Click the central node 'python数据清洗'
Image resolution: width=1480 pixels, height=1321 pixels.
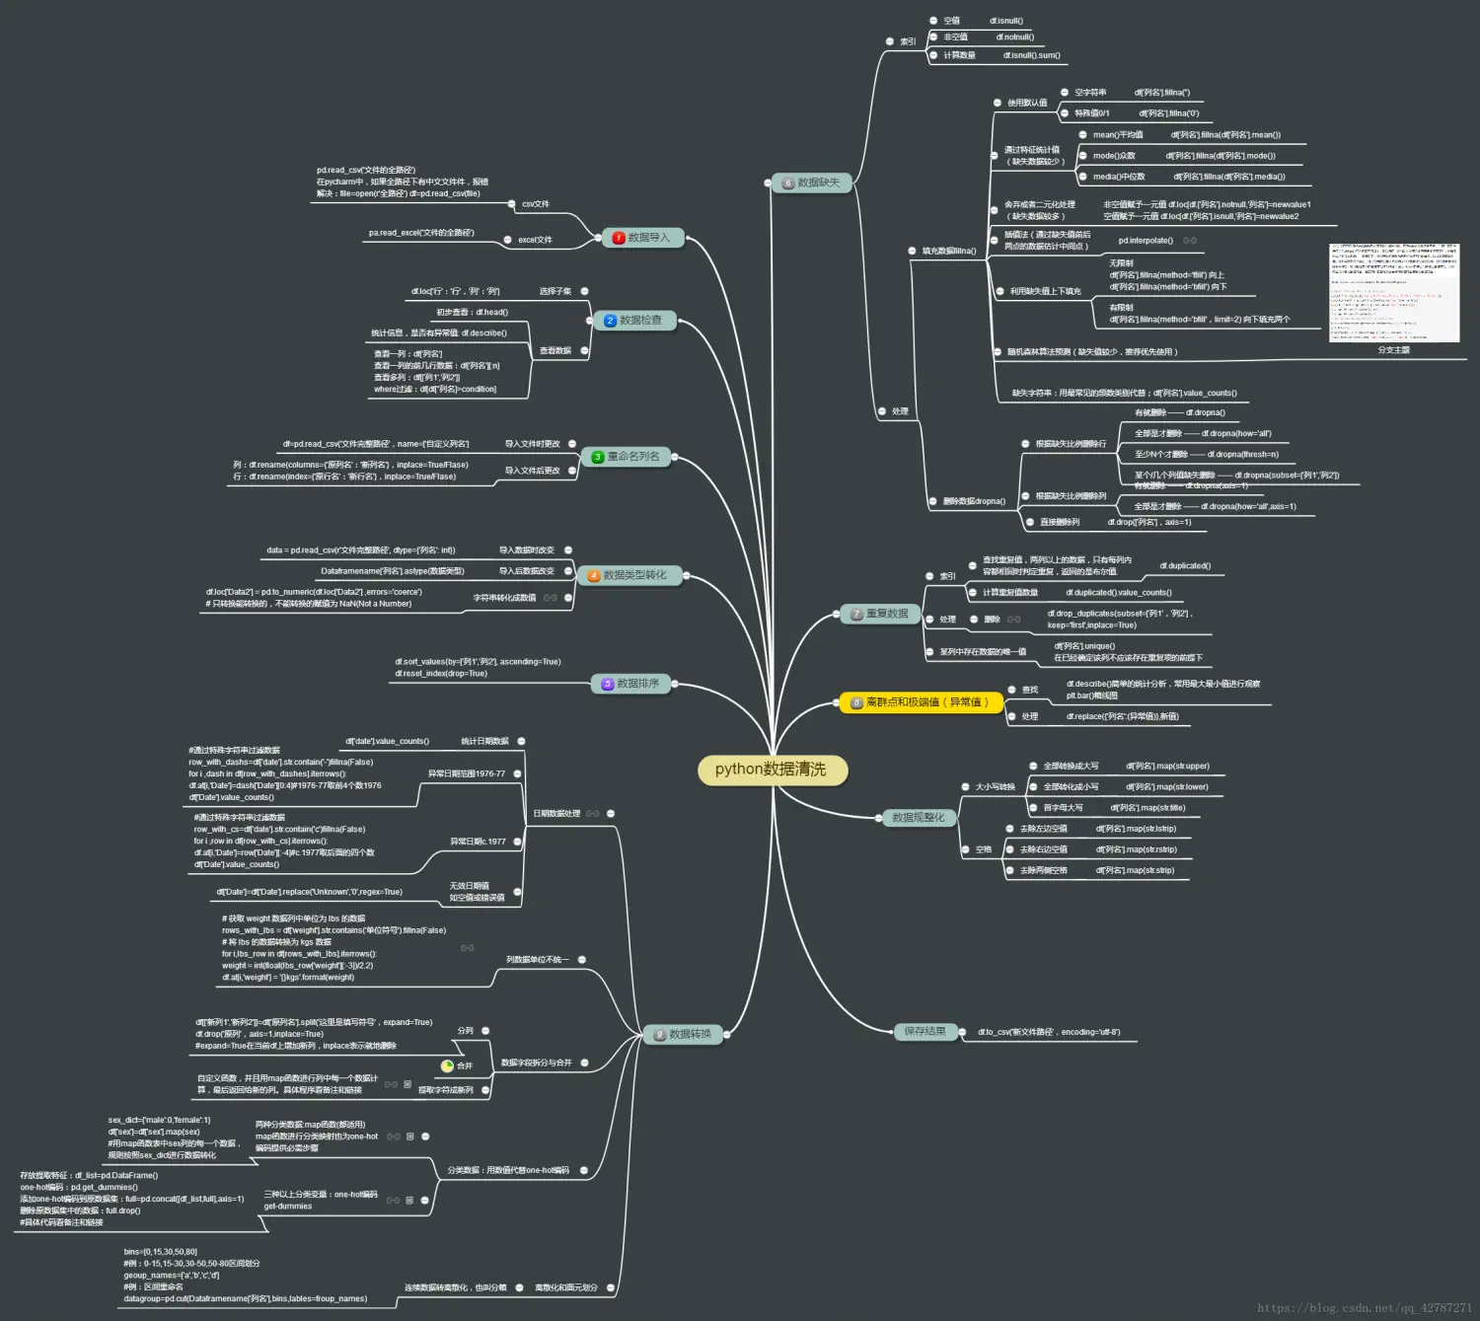tap(771, 770)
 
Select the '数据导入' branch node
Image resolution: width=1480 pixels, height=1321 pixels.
tap(643, 238)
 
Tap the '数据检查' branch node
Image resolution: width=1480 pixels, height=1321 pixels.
tap(634, 321)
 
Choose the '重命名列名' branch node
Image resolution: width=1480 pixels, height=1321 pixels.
tap(627, 457)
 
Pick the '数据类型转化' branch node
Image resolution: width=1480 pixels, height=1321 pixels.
tap(629, 575)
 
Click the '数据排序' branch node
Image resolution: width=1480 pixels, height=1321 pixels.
tap(631, 684)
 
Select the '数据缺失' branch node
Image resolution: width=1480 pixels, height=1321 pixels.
tap(812, 183)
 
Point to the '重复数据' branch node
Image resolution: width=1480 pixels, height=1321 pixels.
tap(880, 614)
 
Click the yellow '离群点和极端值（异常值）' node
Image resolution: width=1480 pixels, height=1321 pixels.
tap(921, 702)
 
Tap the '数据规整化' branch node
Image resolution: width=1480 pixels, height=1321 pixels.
tap(919, 818)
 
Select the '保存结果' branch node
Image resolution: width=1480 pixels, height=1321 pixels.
tap(925, 1032)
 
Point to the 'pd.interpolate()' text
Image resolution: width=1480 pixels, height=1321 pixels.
tap(1146, 241)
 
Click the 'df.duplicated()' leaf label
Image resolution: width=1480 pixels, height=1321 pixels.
tap(1185, 566)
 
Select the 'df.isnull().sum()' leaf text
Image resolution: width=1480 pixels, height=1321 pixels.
tap(1032, 55)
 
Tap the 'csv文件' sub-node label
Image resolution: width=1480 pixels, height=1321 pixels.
tap(536, 204)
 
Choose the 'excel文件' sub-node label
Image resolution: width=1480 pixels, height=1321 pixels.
tap(536, 240)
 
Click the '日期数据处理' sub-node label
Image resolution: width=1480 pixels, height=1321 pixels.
tap(556, 814)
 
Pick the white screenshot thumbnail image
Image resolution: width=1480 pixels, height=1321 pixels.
tap(1394, 292)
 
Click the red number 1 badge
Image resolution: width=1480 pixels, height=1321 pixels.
tap(619, 238)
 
